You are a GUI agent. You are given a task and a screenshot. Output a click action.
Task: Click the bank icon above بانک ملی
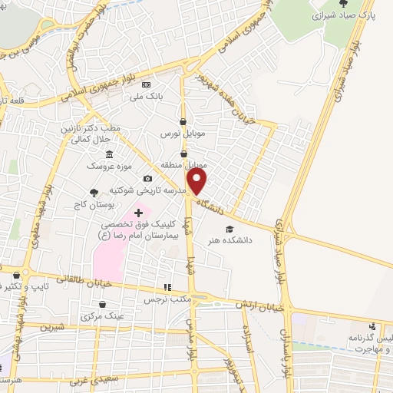(x=147, y=84)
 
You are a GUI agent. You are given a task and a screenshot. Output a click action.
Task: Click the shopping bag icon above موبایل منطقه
(x=183, y=154)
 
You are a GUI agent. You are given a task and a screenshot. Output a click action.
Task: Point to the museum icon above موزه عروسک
(x=110, y=154)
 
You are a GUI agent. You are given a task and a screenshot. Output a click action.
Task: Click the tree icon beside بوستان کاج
(x=94, y=193)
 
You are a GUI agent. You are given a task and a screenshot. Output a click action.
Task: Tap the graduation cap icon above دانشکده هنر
(x=227, y=229)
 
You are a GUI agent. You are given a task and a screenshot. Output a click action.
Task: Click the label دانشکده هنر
(x=227, y=240)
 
